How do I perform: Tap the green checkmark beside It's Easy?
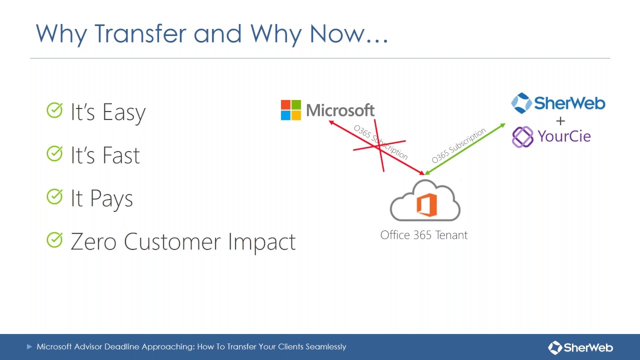click(x=54, y=110)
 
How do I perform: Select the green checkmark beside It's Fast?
click(x=54, y=153)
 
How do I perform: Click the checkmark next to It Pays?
click(x=54, y=196)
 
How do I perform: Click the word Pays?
click(x=111, y=199)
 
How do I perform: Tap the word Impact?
click(x=262, y=242)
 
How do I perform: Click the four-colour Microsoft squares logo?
click(x=290, y=110)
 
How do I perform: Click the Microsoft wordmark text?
click(x=340, y=110)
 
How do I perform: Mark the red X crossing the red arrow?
click(x=379, y=145)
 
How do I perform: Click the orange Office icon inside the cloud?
click(x=426, y=204)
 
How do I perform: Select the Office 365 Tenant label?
click(x=424, y=235)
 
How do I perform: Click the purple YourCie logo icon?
click(x=523, y=136)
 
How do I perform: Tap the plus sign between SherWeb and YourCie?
click(x=560, y=120)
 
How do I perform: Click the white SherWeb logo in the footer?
click(x=580, y=347)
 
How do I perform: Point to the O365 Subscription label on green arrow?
click(x=459, y=145)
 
